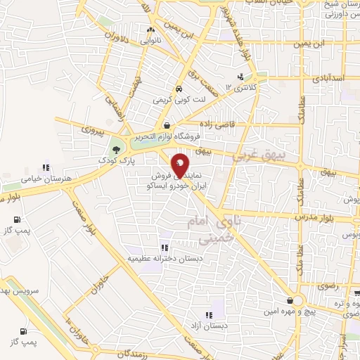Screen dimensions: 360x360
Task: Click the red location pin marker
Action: click(x=180, y=164)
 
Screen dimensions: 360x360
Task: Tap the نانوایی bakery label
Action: click(x=150, y=41)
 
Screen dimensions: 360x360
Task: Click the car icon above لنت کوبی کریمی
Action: click(x=179, y=89)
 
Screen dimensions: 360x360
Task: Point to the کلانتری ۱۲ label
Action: click(x=242, y=88)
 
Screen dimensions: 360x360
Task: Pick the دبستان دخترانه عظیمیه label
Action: click(x=162, y=259)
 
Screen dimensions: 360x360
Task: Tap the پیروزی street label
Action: click(x=91, y=129)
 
